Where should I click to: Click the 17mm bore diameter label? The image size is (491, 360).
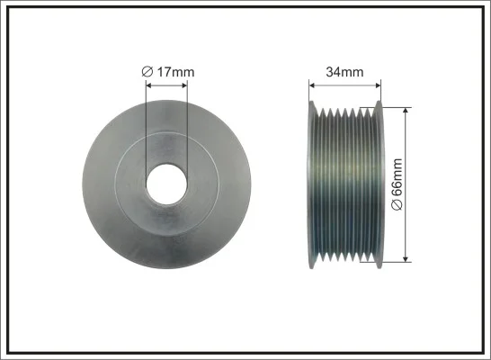click(x=168, y=72)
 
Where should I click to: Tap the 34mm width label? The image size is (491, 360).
click(x=344, y=72)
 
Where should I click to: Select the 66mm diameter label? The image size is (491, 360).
click(x=397, y=184)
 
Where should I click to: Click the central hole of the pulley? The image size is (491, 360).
click(x=166, y=184)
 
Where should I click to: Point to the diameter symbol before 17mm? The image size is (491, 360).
click(x=147, y=72)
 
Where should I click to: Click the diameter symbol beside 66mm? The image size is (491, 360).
click(x=397, y=205)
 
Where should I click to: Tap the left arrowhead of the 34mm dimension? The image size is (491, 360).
click(x=312, y=85)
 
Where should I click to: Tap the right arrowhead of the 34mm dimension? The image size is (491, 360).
click(x=378, y=85)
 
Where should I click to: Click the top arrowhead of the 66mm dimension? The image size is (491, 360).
click(x=406, y=111)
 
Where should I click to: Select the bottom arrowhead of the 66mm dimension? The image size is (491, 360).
click(x=406, y=259)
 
